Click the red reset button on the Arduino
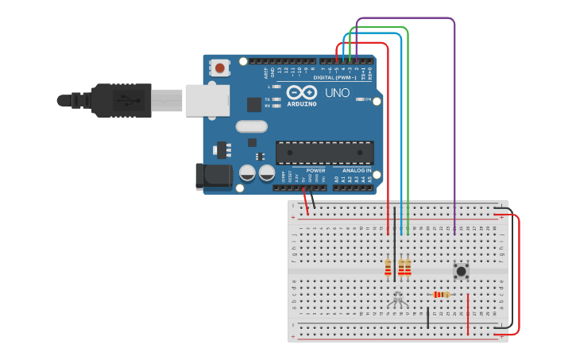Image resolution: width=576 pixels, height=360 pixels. click(x=219, y=68)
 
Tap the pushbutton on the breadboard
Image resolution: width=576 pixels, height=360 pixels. click(x=461, y=271)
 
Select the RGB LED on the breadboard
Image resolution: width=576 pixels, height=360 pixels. click(x=397, y=300)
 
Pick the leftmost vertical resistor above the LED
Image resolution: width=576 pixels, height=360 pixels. click(x=388, y=269)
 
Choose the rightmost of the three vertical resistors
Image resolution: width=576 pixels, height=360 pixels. click(x=408, y=269)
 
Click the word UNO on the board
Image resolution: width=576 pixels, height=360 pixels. click(x=337, y=92)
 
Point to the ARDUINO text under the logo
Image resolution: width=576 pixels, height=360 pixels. click(x=301, y=104)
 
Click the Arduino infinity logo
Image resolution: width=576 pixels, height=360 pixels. click(x=301, y=91)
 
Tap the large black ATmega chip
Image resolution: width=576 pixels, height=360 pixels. click(x=324, y=153)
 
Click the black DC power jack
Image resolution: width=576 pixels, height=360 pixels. click(x=213, y=176)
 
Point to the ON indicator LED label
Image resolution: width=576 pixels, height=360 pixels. click(x=368, y=99)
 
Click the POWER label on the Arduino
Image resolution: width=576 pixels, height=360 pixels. click(x=315, y=170)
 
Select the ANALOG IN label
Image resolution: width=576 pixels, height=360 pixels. click(x=357, y=170)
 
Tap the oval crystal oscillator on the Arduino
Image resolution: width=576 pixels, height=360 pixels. click(x=251, y=126)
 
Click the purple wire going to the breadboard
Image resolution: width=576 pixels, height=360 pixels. click(x=454, y=119)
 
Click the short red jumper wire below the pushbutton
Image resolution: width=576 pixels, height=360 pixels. click(x=468, y=314)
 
